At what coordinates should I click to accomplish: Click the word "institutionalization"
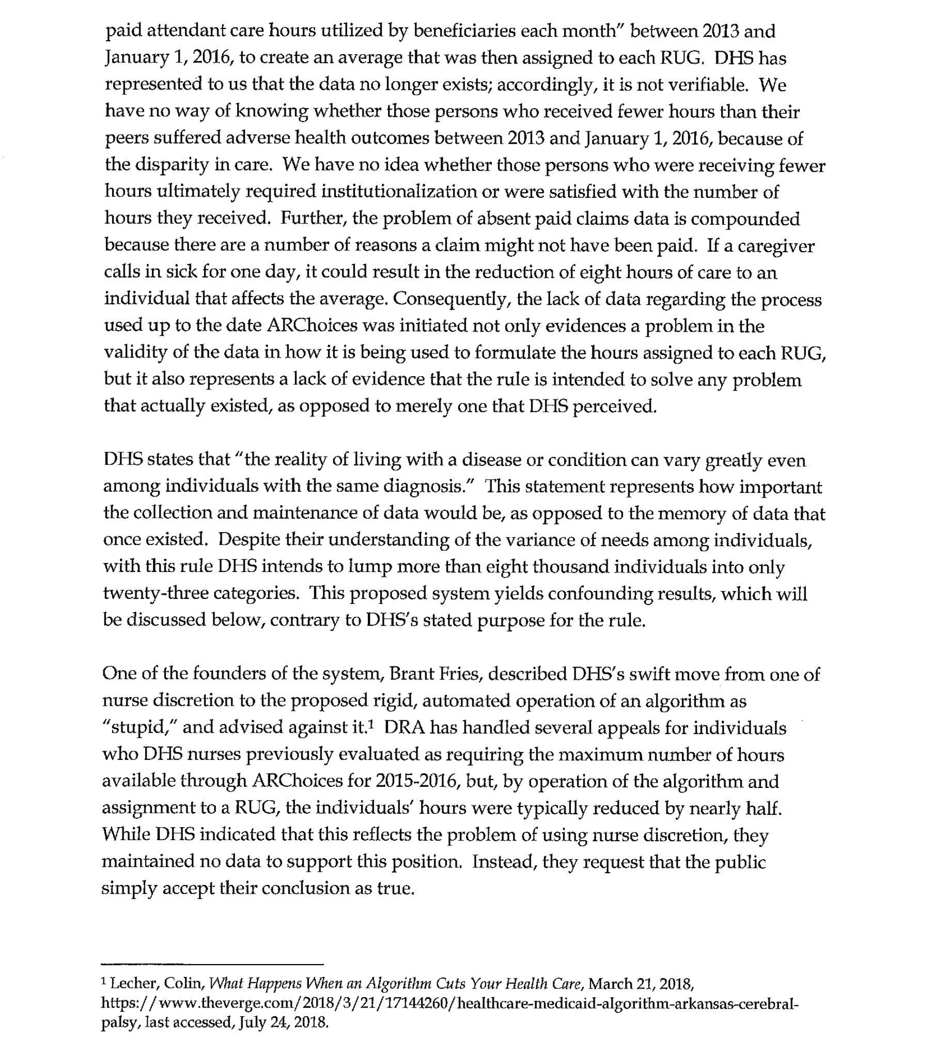(x=398, y=192)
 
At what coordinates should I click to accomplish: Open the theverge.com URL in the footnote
(x=449, y=1003)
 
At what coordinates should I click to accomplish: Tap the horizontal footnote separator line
(x=212, y=964)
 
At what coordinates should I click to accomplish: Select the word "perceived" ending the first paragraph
(x=614, y=407)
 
